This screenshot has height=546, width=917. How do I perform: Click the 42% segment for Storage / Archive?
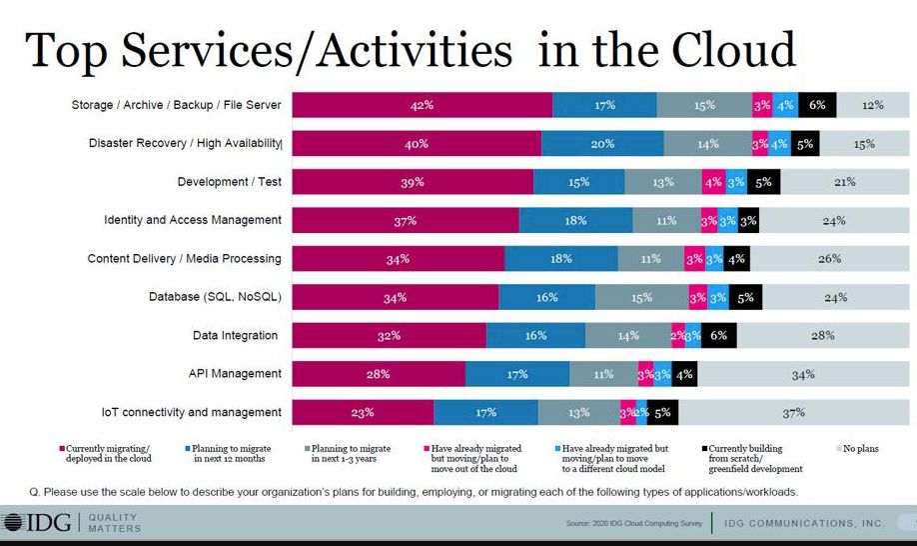[x=421, y=105]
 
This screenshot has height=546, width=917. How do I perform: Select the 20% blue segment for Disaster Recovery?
[x=602, y=144]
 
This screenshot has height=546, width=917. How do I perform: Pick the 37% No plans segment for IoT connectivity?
[x=794, y=412]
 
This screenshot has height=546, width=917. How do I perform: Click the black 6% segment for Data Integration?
[x=718, y=336]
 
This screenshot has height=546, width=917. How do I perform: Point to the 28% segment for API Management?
[x=379, y=374]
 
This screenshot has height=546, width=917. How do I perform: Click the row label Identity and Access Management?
[x=193, y=220]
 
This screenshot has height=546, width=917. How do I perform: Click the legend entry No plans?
[x=861, y=449]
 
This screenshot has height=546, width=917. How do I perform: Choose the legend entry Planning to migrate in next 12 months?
[x=230, y=455]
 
